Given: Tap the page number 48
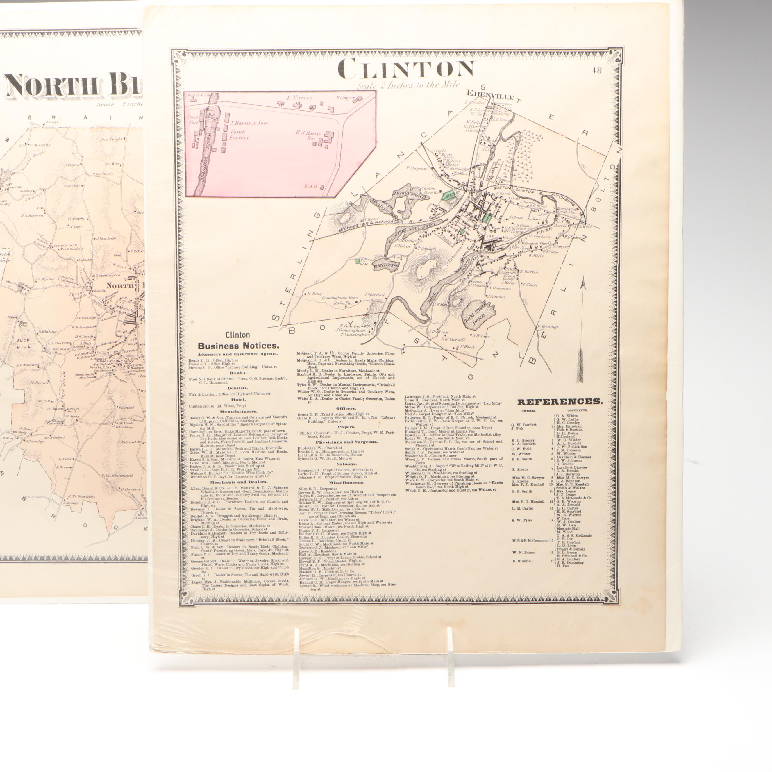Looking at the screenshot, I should [597, 71].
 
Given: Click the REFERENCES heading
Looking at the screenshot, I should [560, 402].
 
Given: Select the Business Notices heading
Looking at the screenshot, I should [239, 346].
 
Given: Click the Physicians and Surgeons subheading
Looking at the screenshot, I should [346, 442].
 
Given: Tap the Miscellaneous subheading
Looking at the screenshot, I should [346, 482].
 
